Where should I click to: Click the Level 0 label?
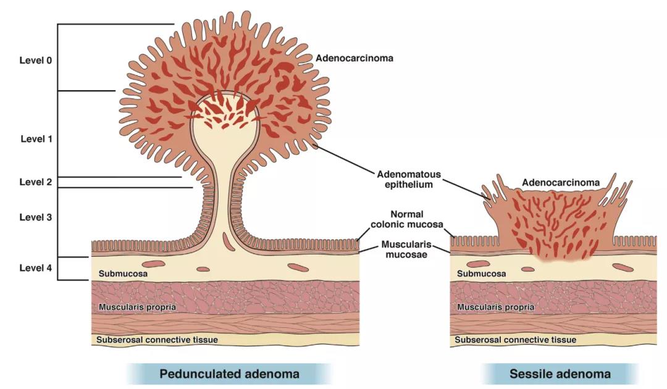(36, 61)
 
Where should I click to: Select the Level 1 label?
(36, 139)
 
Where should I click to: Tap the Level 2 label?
(36, 182)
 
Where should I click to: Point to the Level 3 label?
(36, 217)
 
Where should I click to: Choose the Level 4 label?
(36, 268)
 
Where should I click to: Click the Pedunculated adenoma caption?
(229, 374)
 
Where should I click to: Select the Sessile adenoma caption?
(560, 374)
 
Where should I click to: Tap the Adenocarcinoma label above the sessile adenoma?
(561, 183)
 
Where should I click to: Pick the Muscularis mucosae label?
(406, 249)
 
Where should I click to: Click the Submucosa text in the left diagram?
(123, 273)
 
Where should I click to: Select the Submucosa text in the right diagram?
(481, 273)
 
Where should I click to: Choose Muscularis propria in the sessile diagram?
(495, 306)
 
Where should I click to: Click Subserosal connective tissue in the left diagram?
(157, 340)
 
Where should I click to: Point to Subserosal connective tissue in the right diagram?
(515, 340)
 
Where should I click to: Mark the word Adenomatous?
(406, 173)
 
